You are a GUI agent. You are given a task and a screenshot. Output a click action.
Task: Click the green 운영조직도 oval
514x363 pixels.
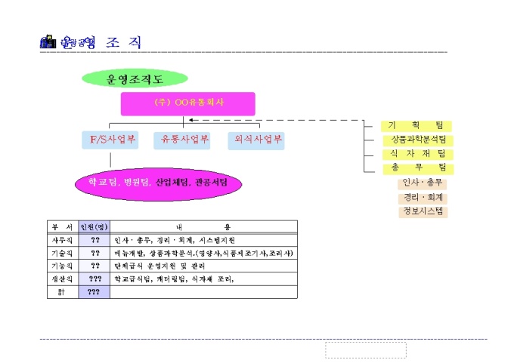134,78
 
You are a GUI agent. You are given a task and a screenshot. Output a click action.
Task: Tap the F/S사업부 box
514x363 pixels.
109,140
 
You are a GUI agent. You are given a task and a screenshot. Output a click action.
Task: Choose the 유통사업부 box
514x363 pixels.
181,140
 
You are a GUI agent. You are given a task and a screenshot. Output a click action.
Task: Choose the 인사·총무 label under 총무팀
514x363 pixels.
423,183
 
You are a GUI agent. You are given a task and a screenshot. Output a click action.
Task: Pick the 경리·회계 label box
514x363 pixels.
423,198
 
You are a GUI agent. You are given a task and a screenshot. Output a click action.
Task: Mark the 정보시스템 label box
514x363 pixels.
423,211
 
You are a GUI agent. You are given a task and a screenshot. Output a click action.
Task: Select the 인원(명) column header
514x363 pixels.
94,226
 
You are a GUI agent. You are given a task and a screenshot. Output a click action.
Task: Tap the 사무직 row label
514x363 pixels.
62,239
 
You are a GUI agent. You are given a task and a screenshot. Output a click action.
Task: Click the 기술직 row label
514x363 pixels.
62,253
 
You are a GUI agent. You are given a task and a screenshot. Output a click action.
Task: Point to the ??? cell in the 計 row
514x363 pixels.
94,292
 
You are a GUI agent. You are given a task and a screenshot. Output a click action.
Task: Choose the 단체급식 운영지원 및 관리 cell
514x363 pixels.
161,266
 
